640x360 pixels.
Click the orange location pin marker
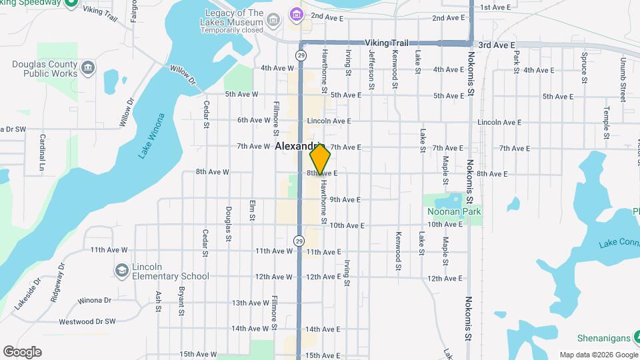click(321, 160)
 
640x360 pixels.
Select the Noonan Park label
click(455, 211)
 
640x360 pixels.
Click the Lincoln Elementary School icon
click(121, 269)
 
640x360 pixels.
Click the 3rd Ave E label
click(497, 45)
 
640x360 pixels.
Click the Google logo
click(22, 352)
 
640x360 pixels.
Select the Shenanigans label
click(609, 338)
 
